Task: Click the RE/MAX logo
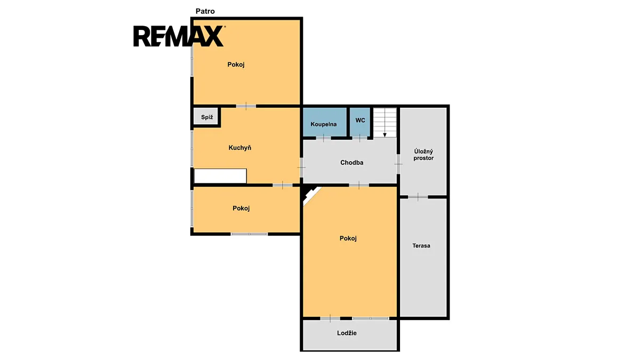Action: [x=179, y=36]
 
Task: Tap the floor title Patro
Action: [x=205, y=11]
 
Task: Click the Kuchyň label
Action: [x=239, y=148]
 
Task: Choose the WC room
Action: [x=360, y=122]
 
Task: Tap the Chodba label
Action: [x=351, y=163]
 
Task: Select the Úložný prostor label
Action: [x=423, y=155]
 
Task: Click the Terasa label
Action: [x=421, y=246]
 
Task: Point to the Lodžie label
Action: [x=347, y=333]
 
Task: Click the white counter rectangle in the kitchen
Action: [x=220, y=175]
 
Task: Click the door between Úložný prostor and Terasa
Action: [x=418, y=197]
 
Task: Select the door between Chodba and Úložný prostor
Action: [x=398, y=164]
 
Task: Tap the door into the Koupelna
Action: [x=323, y=138]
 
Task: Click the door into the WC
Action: [x=359, y=138]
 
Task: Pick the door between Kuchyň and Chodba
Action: [x=301, y=167]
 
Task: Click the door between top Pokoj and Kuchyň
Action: [x=246, y=106]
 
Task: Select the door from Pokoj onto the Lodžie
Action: [x=330, y=318]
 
